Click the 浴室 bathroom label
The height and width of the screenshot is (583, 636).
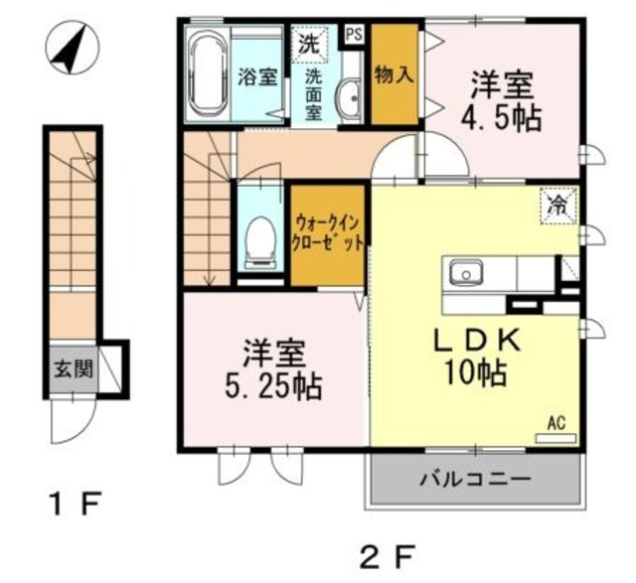(259, 77)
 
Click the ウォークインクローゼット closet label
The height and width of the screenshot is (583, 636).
(327, 234)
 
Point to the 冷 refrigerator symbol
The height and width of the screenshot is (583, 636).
(560, 207)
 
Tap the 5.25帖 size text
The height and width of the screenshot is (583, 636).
(268, 383)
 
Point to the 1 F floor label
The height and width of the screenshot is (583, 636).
(76, 504)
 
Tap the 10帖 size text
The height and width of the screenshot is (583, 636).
(475, 374)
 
